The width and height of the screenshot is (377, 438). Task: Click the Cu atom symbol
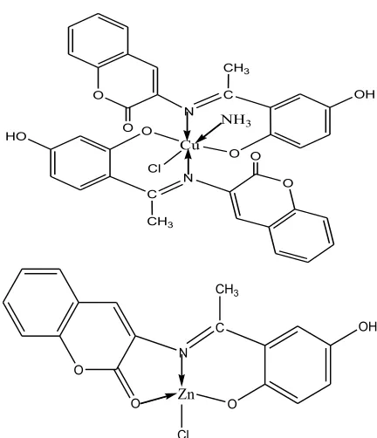point(189,145)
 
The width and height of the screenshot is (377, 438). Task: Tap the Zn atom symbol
point(186,394)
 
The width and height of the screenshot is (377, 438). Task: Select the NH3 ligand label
point(236,120)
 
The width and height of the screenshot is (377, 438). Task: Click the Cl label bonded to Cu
point(154,168)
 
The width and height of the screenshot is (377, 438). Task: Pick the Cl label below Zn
point(184,434)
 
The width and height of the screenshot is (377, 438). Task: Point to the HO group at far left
point(17,136)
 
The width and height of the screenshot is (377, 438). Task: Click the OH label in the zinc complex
point(367,327)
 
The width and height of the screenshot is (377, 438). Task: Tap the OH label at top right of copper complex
point(364,94)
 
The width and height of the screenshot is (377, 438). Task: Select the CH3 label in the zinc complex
point(228,291)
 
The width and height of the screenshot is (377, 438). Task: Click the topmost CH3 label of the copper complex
point(236,69)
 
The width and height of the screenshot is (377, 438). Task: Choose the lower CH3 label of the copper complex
point(160,222)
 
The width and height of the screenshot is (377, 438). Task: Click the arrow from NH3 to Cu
point(210,132)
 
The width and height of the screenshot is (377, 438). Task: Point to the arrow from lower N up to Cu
point(188,161)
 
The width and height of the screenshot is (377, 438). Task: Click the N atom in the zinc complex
point(182,353)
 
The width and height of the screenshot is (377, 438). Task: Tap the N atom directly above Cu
point(188,112)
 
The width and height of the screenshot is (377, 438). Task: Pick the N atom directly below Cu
point(188,178)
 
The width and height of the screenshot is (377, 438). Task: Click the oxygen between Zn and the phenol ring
point(231,404)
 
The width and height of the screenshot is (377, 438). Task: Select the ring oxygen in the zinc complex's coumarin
point(79,370)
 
